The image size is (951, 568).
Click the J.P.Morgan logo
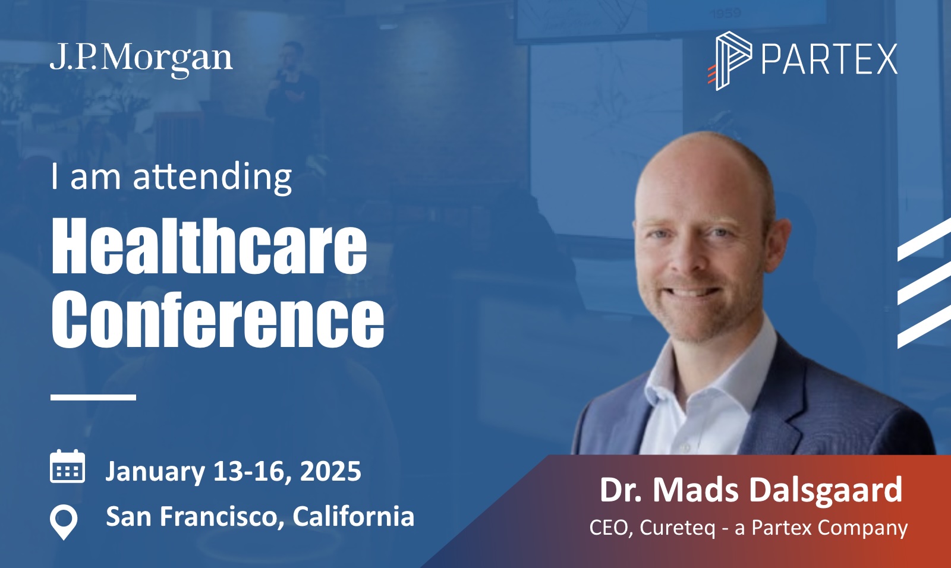(x=141, y=59)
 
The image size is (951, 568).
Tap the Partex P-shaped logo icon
(x=729, y=61)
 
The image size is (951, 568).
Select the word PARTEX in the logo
(x=829, y=59)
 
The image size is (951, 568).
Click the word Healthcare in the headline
(x=209, y=246)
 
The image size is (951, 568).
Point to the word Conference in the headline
(x=218, y=319)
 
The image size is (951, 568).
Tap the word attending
(x=213, y=178)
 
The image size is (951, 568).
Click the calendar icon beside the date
(x=68, y=466)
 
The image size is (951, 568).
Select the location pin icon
(x=64, y=522)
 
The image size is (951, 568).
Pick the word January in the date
(x=155, y=472)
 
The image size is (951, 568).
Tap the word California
(x=353, y=517)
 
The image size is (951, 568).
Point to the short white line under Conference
(x=93, y=397)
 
